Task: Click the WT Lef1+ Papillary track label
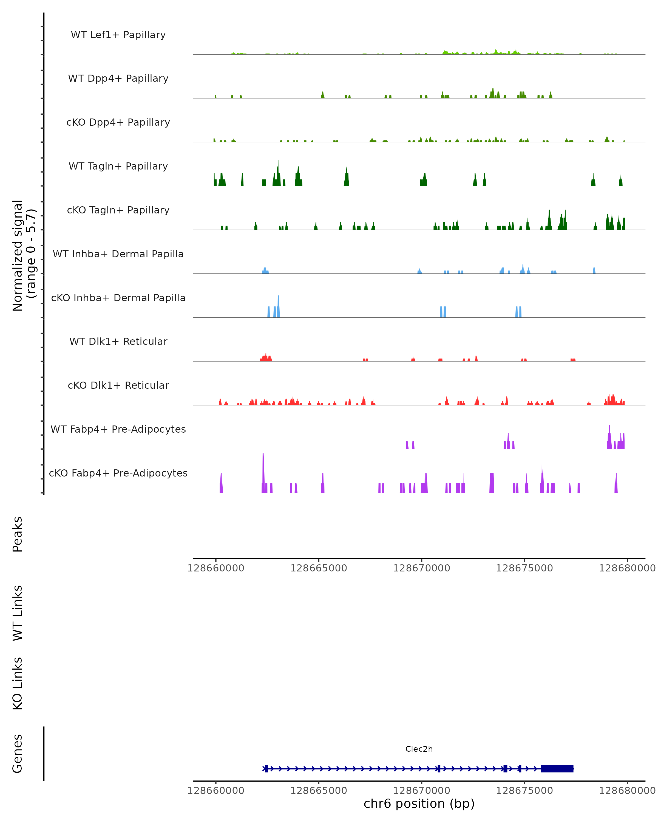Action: [118, 35]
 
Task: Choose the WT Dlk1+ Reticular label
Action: [118, 341]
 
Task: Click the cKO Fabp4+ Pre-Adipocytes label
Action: [118, 473]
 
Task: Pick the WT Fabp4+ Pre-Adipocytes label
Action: [118, 429]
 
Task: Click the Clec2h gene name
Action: [419, 749]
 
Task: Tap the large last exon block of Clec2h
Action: [557, 768]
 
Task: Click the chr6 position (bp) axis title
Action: [419, 804]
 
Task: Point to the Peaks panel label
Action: [18, 534]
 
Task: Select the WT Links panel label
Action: [18, 613]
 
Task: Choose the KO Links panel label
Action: [18, 683]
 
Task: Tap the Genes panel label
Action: [18, 754]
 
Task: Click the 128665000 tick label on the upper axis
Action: [319, 568]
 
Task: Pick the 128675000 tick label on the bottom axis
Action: [524, 791]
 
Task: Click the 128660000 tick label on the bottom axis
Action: [215, 791]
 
